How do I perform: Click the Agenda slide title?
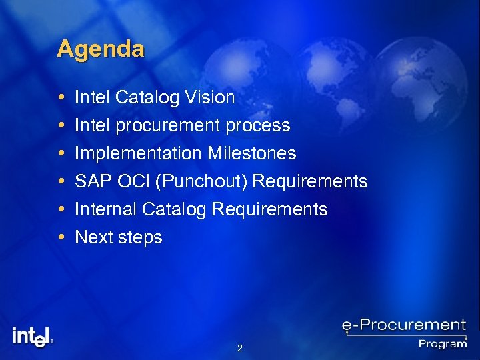click(x=100, y=49)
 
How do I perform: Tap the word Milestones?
click(x=251, y=154)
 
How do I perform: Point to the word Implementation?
click(x=138, y=154)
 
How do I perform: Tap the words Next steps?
click(x=118, y=237)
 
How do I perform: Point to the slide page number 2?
click(x=239, y=348)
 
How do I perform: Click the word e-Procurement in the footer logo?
click(x=403, y=325)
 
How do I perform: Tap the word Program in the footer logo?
click(x=442, y=343)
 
